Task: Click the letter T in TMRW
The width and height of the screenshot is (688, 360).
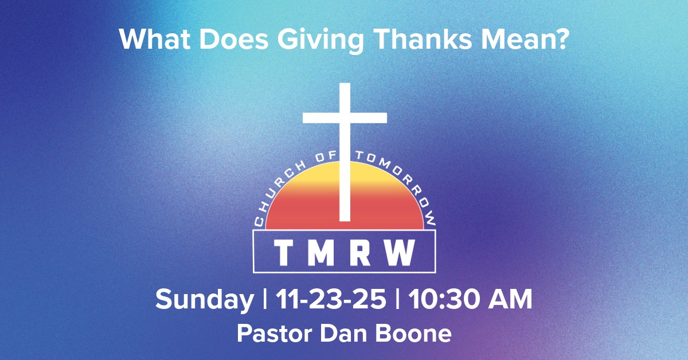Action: [283, 253]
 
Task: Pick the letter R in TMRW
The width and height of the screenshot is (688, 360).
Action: [360, 253]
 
